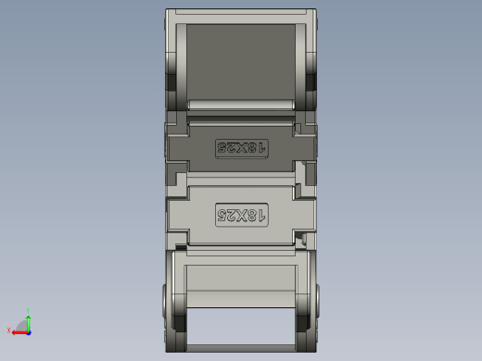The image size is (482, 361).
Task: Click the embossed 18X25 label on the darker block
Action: (241, 147)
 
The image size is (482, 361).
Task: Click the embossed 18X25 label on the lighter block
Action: (241, 216)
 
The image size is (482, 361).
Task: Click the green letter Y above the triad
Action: (29, 311)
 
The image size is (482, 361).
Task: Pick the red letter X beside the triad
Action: (9, 330)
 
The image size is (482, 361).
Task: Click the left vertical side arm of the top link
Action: (174, 56)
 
